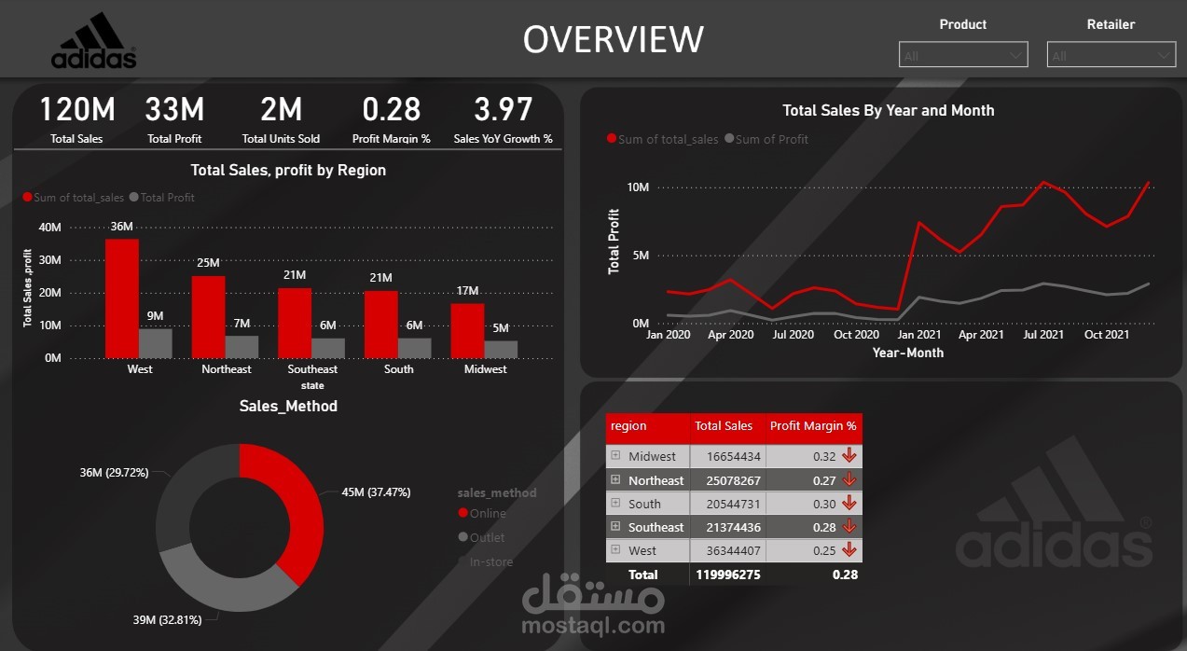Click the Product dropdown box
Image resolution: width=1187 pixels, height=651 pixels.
963,55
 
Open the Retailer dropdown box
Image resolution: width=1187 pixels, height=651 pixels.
1111,55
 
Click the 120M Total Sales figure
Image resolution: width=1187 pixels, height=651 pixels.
77,110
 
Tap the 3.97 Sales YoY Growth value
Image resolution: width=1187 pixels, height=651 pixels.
503,110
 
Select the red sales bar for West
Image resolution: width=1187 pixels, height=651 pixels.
122,298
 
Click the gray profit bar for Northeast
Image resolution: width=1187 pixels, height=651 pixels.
242,346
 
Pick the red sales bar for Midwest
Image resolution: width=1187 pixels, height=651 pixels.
467,330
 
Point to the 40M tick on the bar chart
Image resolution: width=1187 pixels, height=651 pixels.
49,228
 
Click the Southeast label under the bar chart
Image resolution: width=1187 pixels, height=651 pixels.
312,369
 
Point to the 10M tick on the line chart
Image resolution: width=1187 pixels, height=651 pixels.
638,187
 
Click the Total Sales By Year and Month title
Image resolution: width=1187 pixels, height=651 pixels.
888,110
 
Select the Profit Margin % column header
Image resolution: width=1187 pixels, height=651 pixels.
812,426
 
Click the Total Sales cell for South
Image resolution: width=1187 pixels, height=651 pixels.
725,504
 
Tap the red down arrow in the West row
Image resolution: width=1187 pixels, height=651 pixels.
849,550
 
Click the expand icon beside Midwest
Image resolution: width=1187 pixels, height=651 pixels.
615,455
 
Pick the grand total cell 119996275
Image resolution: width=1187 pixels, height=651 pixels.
727,575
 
